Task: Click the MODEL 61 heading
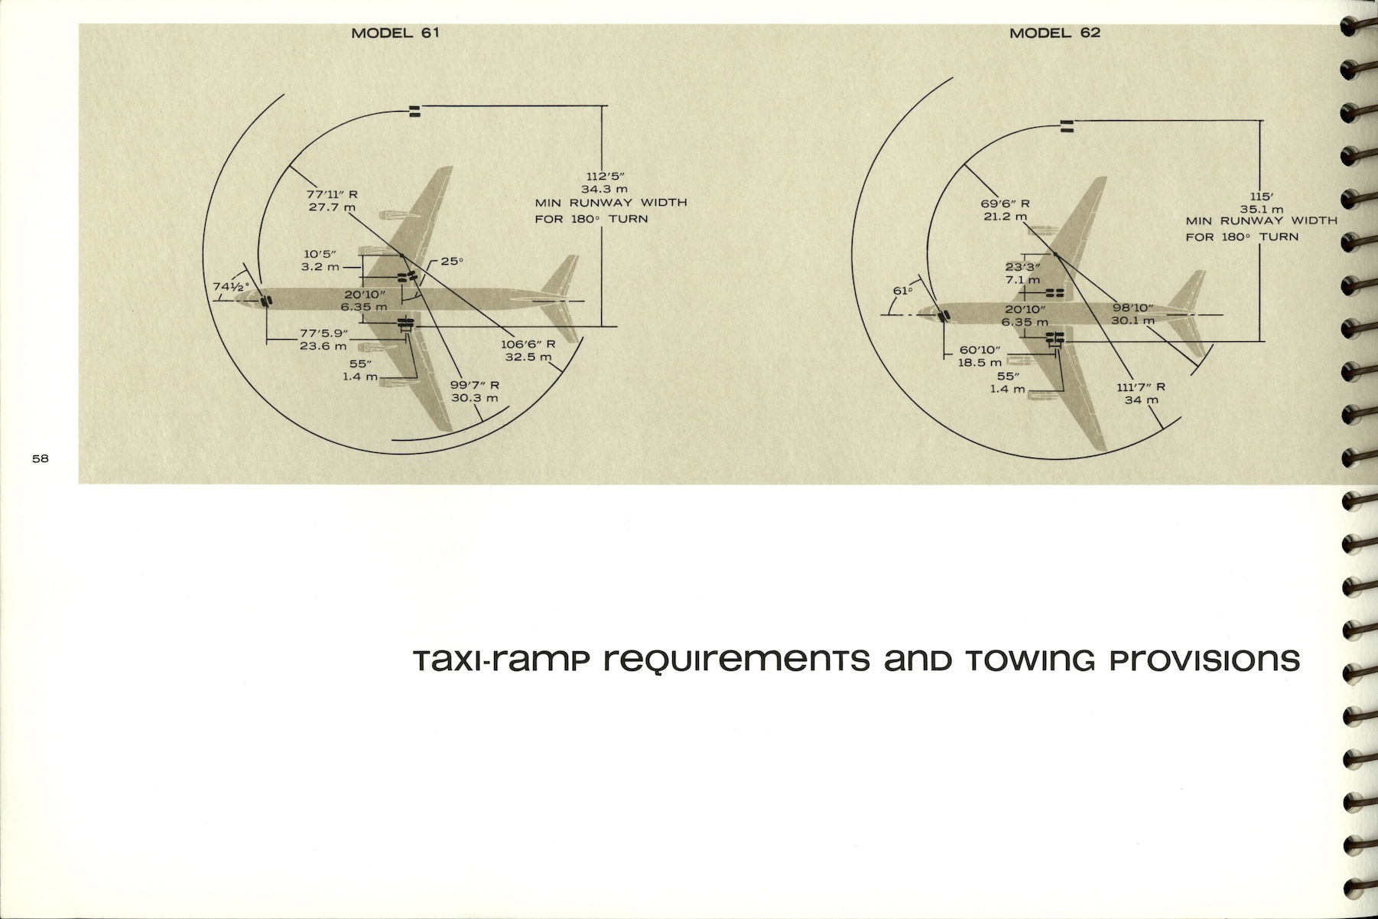coord(395,33)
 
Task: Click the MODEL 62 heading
coord(1055,33)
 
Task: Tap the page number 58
coord(40,458)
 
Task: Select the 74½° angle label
coord(232,287)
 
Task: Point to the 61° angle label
coord(903,291)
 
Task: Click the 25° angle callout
coord(451,261)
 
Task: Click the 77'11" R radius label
coord(332,194)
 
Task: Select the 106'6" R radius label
coord(528,344)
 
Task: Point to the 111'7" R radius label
coord(1141,387)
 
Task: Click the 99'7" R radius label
coord(474,385)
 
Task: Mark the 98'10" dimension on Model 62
coord(1133,308)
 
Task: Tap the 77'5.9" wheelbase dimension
coord(323,334)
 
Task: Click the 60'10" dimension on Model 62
coord(980,350)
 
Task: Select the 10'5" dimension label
coord(320,254)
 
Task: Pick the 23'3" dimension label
coord(1022,267)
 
